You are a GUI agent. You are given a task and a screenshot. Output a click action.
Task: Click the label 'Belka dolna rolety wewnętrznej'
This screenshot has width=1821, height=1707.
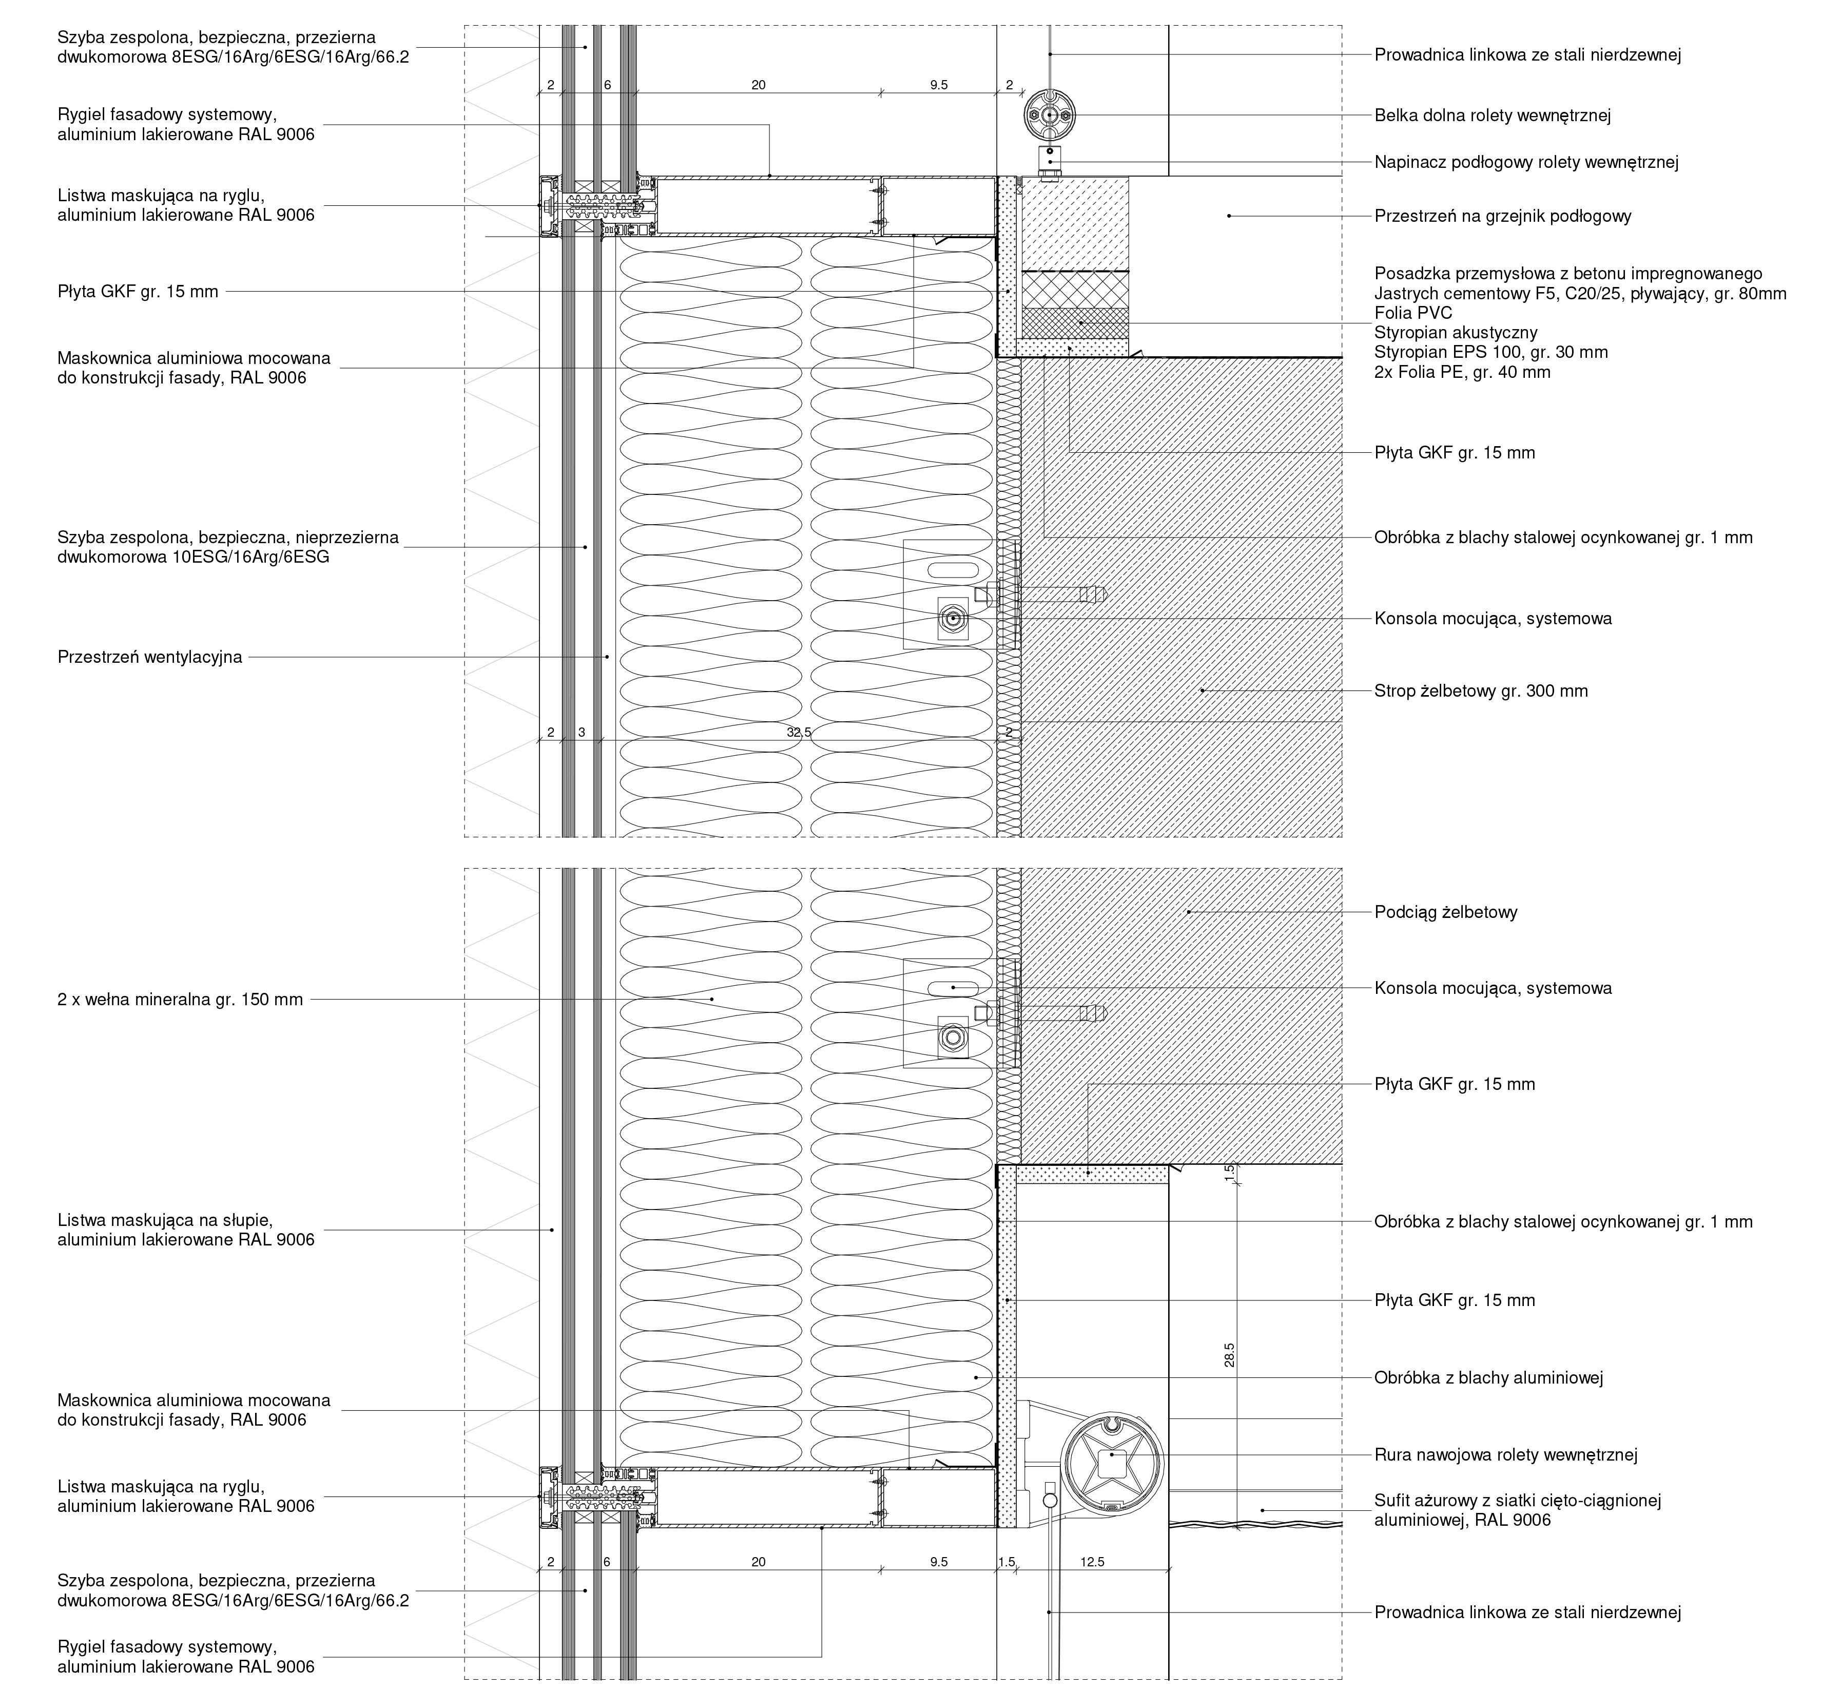coord(1492,116)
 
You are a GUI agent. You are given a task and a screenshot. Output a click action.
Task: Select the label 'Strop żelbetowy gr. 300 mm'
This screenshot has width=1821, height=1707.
coord(1480,691)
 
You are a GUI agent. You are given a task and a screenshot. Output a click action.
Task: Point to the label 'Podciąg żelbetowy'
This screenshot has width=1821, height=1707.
coord(1445,912)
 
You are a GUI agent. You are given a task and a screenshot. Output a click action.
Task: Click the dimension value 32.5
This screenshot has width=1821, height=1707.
coord(799,732)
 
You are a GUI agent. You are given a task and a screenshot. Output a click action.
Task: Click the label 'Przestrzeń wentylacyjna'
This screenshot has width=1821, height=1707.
coord(149,657)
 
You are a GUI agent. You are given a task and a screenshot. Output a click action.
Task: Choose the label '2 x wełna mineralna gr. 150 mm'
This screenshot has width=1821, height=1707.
coord(180,1000)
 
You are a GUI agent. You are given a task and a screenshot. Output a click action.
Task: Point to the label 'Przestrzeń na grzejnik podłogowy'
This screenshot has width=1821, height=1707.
coord(1502,216)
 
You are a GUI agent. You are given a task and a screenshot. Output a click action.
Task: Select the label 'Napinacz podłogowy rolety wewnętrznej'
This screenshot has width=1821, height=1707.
coord(1526,162)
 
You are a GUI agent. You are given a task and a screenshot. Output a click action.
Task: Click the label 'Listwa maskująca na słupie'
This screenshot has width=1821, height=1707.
coord(165,1220)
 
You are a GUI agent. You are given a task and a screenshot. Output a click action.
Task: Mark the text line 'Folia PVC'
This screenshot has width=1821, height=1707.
coord(1412,313)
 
